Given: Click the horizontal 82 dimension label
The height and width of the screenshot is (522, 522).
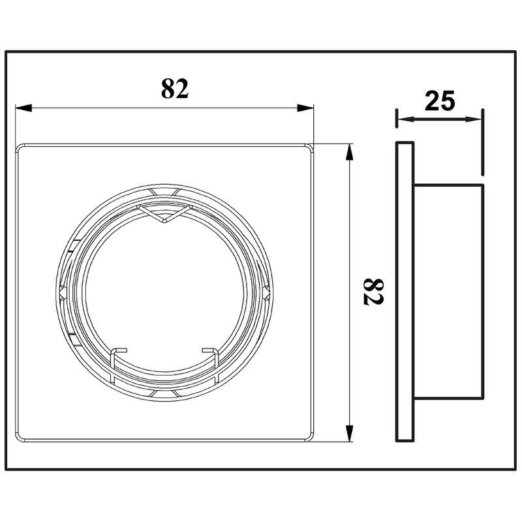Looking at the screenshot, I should pos(175,88).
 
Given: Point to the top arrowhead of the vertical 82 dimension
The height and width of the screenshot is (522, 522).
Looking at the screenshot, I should pos(350,151).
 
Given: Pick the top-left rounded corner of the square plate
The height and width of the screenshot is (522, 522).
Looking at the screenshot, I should pos(22,149).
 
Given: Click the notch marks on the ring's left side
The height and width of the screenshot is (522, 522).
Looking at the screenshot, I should pos(65,290).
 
